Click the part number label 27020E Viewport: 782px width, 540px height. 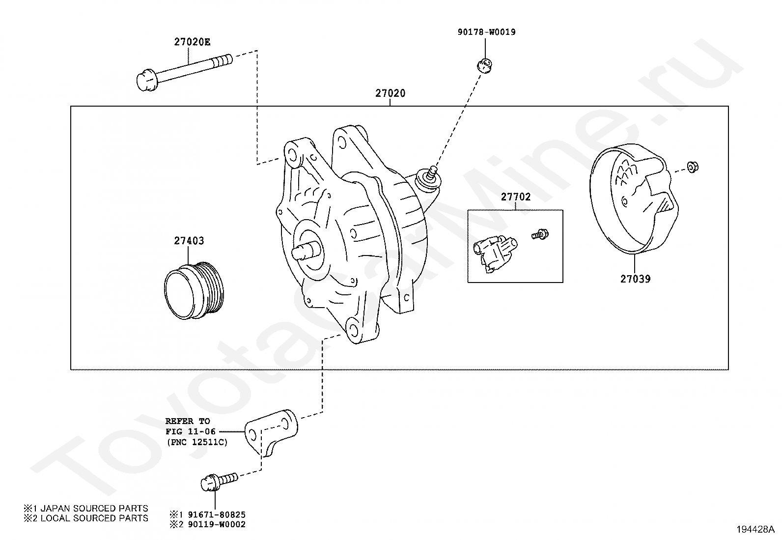pos(192,42)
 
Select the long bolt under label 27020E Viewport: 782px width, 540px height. pos(184,73)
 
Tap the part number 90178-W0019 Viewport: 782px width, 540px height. pos(486,32)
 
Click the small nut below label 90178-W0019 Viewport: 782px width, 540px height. pos(484,65)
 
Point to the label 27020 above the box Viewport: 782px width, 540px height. pos(391,93)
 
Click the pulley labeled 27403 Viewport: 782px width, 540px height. pos(194,290)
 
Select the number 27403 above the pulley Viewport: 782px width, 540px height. pos(189,241)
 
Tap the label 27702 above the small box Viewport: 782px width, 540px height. pos(516,197)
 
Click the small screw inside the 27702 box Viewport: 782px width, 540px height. pos(540,234)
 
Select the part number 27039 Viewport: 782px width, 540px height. pos(636,279)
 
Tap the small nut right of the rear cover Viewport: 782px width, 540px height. pos(692,167)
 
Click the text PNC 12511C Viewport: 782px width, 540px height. pos(197,443)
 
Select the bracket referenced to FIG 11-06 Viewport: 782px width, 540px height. pos(271,432)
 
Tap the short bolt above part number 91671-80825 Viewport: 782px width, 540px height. pos(220,482)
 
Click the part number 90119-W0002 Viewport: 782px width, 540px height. pos(217,524)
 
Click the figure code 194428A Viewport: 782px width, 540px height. pos(755,530)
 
